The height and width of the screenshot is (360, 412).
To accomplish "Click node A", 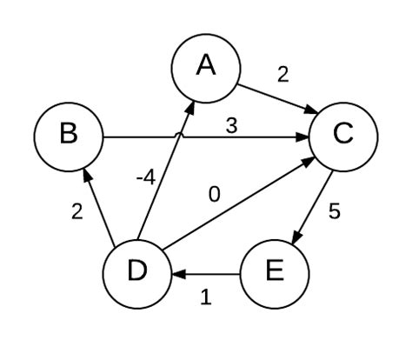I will coord(205,67).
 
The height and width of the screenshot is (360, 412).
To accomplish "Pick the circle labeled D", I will coord(137,272).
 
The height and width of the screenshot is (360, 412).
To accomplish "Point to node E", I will coord(274,272).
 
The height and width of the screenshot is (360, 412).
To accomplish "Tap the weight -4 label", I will coord(146,178).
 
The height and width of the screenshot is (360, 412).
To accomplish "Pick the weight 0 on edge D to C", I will coord(215,194).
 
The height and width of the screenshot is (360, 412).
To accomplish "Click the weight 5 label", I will coord(334,211).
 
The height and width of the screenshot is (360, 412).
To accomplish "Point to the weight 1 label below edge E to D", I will coord(206,297).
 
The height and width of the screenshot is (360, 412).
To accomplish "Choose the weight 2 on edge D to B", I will coord(77,211).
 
